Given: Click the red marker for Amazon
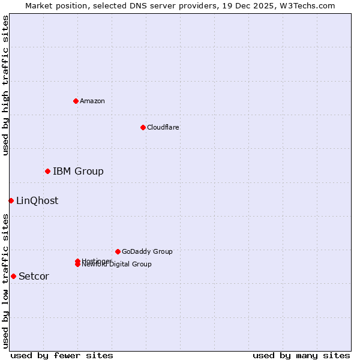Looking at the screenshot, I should (76, 101).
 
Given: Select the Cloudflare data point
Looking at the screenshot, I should (143, 127).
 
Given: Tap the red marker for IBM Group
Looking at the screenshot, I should (47, 171).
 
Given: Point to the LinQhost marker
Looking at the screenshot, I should (11, 200).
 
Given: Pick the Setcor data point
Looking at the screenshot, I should (13, 276).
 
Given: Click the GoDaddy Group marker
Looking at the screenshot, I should (118, 251).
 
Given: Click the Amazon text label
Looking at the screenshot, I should (92, 101).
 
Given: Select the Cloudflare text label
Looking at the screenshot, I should (163, 127).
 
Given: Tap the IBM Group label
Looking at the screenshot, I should (78, 172).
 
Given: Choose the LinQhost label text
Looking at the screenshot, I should (37, 201).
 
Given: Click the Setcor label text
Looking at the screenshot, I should (34, 277).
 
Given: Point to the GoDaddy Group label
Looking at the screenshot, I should (147, 252).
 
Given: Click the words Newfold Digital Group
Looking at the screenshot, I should (117, 265).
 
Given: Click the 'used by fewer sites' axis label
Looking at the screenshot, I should (62, 355).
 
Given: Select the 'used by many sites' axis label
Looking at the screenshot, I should (301, 355).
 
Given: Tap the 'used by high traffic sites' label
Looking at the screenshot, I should (5, 85).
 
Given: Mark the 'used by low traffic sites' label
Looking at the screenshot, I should (5, 281).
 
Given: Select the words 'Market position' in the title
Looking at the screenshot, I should (53, 5).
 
